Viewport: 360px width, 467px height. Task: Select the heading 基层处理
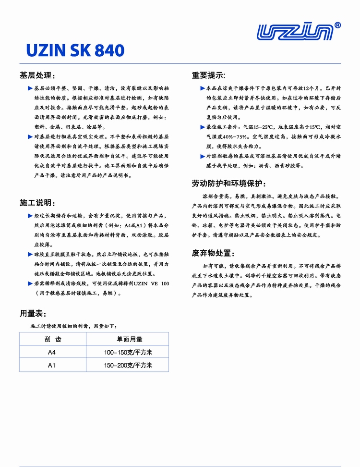point(37,76)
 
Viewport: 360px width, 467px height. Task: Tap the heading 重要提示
point(208,75)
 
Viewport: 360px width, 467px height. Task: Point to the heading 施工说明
point(37,202)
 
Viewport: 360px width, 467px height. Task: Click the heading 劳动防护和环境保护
point(228,184)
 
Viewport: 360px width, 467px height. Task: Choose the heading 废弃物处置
point(213,253)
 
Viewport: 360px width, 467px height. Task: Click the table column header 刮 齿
point(52,339)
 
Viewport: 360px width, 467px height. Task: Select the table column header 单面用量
point(128,339)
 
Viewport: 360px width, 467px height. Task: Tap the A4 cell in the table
point(52,352)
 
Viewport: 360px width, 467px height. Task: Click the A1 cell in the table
point(52,365)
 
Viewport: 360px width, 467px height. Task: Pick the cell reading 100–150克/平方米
point(128,352)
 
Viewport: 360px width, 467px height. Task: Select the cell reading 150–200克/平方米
point(128,365)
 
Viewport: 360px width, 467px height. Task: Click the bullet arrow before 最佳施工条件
point(203,127)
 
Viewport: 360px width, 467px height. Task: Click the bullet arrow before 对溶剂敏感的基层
point(203,156)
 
